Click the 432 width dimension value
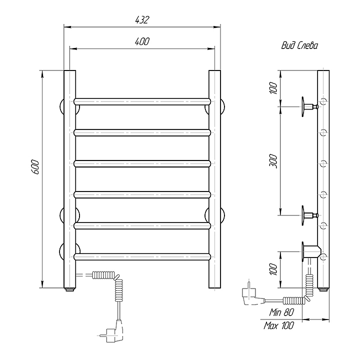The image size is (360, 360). click(141, 19)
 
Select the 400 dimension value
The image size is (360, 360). click(141, 41)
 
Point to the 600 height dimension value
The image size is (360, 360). click(34, 167)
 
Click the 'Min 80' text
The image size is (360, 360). click(281, 312)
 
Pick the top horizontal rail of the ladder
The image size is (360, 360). click(141, 101)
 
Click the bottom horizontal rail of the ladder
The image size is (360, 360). click(141, 256)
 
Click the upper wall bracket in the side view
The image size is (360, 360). click(306, 106)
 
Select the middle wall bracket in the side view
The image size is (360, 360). click(306, 215)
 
